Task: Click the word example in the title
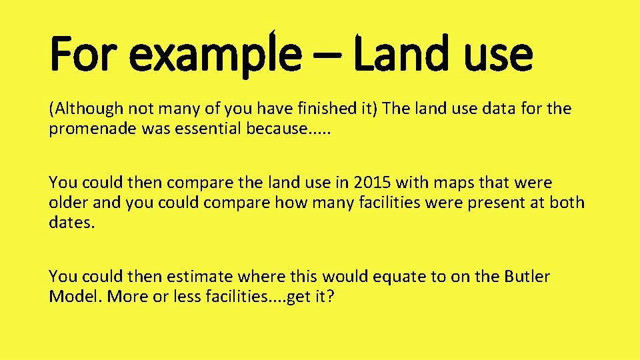tap(215, 55)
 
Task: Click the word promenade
tap(92, 129)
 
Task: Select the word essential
tap(208, 129)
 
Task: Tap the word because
tap(277, 129)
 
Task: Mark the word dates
tap(72, 222)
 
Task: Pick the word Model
tap(73, 296)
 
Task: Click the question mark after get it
tap(329, 296)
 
